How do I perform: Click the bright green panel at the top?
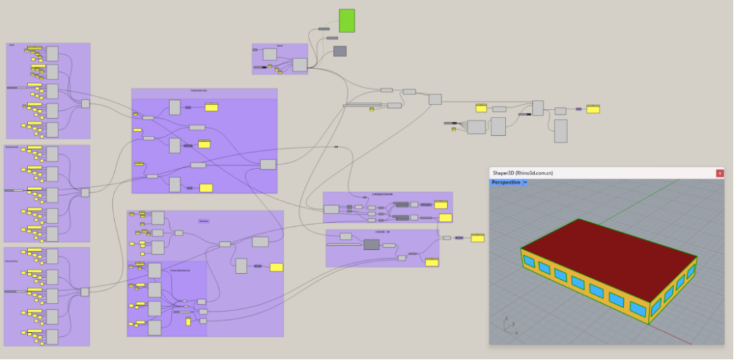[347, 20]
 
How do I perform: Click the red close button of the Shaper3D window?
[720, 173]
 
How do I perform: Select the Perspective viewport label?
[506, 183]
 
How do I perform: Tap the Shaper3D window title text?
[523, 173]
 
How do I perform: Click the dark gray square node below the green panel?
[340, 51]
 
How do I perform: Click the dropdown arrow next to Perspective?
[525, 183]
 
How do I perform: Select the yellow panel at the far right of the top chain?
[593, 109]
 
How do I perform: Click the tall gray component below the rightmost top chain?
[561, 131]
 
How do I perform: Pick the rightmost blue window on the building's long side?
[638, 308]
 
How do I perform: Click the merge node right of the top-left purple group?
[86, 104]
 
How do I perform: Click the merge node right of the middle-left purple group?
[85, 192]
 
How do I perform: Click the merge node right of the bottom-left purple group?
[85, 292]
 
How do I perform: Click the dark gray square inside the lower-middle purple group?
[371, 245]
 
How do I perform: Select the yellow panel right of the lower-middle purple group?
[478, 238]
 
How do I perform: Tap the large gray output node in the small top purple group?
[299, 65]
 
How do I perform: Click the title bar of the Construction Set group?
[205, 93]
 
